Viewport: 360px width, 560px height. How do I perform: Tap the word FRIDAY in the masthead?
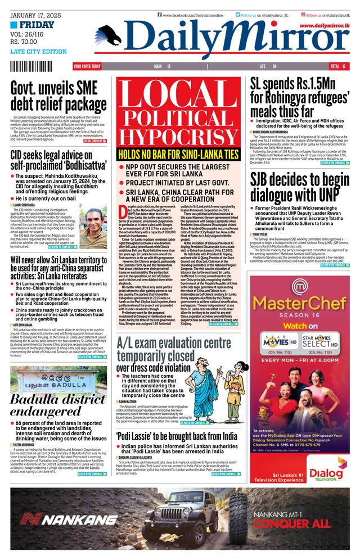(x=37, y=25)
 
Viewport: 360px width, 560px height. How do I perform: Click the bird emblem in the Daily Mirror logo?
(x=109, y=35)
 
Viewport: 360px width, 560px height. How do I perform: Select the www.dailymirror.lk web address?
(x=323, y=26)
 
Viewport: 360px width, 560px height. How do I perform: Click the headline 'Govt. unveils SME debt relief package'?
(x=58, y=97)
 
